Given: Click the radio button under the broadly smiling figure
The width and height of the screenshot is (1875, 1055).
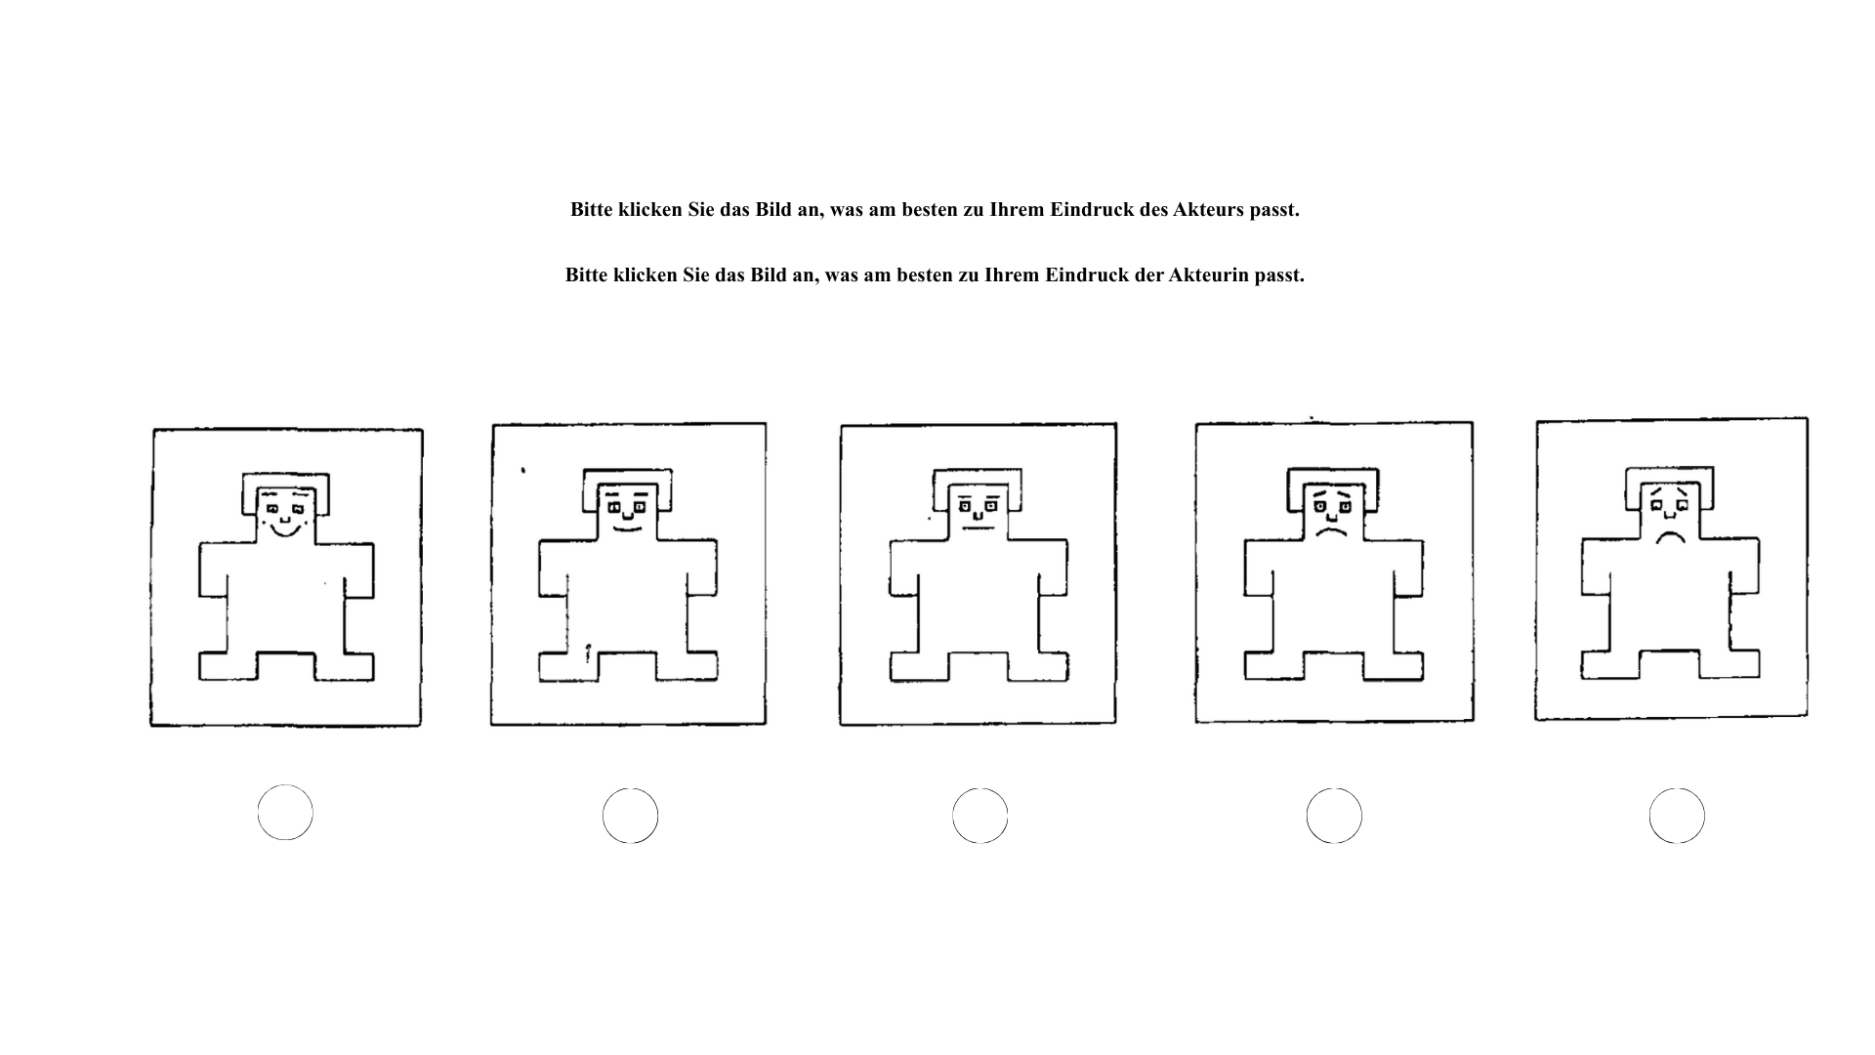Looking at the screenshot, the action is point(285,813).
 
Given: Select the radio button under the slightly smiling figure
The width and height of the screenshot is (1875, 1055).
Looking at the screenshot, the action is point(630,816).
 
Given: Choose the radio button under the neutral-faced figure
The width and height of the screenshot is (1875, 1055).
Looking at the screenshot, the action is point(979,816).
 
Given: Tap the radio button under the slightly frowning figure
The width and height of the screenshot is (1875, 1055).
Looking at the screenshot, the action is point(1334,816).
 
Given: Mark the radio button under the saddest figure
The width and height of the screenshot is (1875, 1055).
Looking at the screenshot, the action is point(1677,816).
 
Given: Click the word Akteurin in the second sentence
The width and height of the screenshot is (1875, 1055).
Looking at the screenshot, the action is point(1209,275).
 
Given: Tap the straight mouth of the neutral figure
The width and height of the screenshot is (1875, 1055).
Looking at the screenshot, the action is point(977,528).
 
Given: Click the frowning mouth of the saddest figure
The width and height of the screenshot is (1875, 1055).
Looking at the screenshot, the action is point(1671,536).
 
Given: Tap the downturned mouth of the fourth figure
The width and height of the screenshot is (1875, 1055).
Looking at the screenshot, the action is point(1329,533).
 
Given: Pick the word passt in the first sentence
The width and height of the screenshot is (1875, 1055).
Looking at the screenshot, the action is point(1274,210).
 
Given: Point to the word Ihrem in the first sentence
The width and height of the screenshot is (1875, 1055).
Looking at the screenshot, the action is point(1018,210).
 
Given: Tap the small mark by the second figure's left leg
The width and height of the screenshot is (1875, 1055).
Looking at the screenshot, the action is point(588,653).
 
